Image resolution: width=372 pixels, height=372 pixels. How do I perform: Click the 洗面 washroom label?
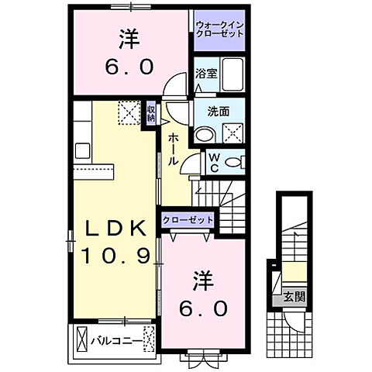pos(219,111)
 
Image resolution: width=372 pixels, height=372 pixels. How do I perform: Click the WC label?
pos(215,163)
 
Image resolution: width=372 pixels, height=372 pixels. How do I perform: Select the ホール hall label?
pos(173,147)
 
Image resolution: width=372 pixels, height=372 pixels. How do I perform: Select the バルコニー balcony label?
pos(115,339)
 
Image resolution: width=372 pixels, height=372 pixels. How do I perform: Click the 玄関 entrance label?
pos(293,297)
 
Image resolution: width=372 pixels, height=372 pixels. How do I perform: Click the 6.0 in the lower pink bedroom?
pos(205,308)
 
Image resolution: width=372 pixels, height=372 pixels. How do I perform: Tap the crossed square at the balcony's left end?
pos(81,339)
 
